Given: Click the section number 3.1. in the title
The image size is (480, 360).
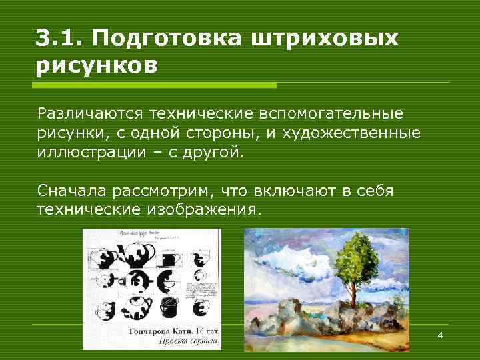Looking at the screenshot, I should pos(59,39).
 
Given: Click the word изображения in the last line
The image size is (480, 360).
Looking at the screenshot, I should pos(201,210).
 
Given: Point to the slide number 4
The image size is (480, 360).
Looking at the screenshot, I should pos(440,334).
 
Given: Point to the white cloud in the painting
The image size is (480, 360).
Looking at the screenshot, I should pos(287,257).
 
